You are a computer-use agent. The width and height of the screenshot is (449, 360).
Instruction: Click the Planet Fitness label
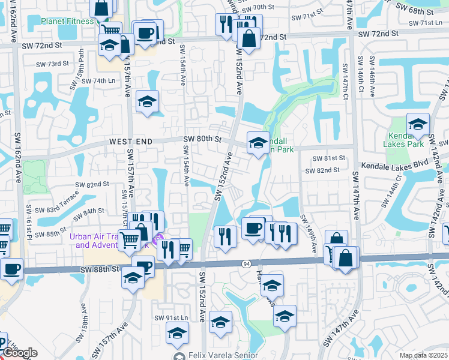(67, 20)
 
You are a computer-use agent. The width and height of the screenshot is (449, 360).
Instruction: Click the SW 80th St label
(202, 139)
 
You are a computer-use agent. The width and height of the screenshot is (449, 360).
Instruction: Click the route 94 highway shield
(247, 263)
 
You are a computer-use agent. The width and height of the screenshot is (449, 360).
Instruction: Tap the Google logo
(20, 353)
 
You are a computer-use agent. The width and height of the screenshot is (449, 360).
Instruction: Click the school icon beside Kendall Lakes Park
(418, 124)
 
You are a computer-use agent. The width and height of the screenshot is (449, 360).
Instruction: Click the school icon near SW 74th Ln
(146, 102)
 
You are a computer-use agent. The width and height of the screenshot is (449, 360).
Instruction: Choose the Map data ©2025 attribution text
(423, 355)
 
